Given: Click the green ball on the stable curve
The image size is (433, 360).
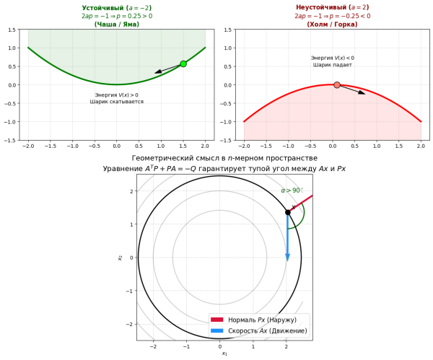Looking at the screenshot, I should click(183, 63).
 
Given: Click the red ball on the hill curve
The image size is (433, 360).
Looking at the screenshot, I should click(337, 85).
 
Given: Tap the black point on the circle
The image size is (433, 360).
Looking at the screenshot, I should click(287, 212).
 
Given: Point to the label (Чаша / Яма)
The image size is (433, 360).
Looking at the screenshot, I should click(116, 24).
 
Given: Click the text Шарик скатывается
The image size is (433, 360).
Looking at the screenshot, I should click(116, 102).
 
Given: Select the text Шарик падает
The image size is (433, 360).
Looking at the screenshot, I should click(332, 65).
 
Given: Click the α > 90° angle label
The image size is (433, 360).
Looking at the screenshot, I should click(292, 190).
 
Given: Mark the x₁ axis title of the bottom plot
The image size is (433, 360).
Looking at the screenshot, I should click(224, 354).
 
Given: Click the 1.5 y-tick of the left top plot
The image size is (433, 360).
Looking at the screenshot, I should click(12, 30).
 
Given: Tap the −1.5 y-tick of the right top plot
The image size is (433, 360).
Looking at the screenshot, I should click(227, 141).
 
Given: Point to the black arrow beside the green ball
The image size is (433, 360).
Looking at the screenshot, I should click(167, 69).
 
